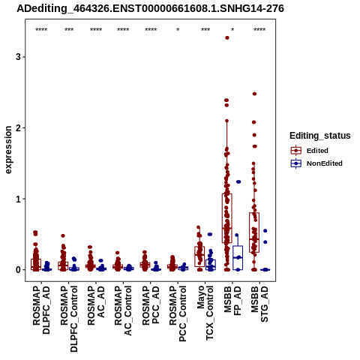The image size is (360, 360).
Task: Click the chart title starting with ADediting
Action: click(150, 8)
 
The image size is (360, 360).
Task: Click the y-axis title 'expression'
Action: click(8, 150)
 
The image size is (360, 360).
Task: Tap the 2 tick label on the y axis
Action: click(18, 127)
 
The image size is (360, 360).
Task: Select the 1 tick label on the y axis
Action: click(18, 199)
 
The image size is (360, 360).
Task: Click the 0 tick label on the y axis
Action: click(18, 270)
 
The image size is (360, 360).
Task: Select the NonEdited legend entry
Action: click(316, 163)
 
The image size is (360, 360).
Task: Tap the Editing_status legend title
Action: click(320, 136)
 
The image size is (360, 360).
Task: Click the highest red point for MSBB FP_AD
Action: click(227, 38)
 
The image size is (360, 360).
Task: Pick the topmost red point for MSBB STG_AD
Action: click(254, 94)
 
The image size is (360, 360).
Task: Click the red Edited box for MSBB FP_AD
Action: click(227, 218)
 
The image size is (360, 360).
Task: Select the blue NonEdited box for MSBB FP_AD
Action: click(238, 258)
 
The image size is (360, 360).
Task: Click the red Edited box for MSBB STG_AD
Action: click(254, 232)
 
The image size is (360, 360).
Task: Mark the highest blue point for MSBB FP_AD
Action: click(238, 181)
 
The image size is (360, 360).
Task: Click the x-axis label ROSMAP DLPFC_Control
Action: click(69, 319)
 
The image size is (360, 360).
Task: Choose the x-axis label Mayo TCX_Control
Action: click(205, 313)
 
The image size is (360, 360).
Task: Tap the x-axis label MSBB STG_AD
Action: click(259, 304)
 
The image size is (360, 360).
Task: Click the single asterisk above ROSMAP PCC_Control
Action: click(178, 30)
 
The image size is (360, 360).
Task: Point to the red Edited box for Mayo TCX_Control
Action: click(199, 256)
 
